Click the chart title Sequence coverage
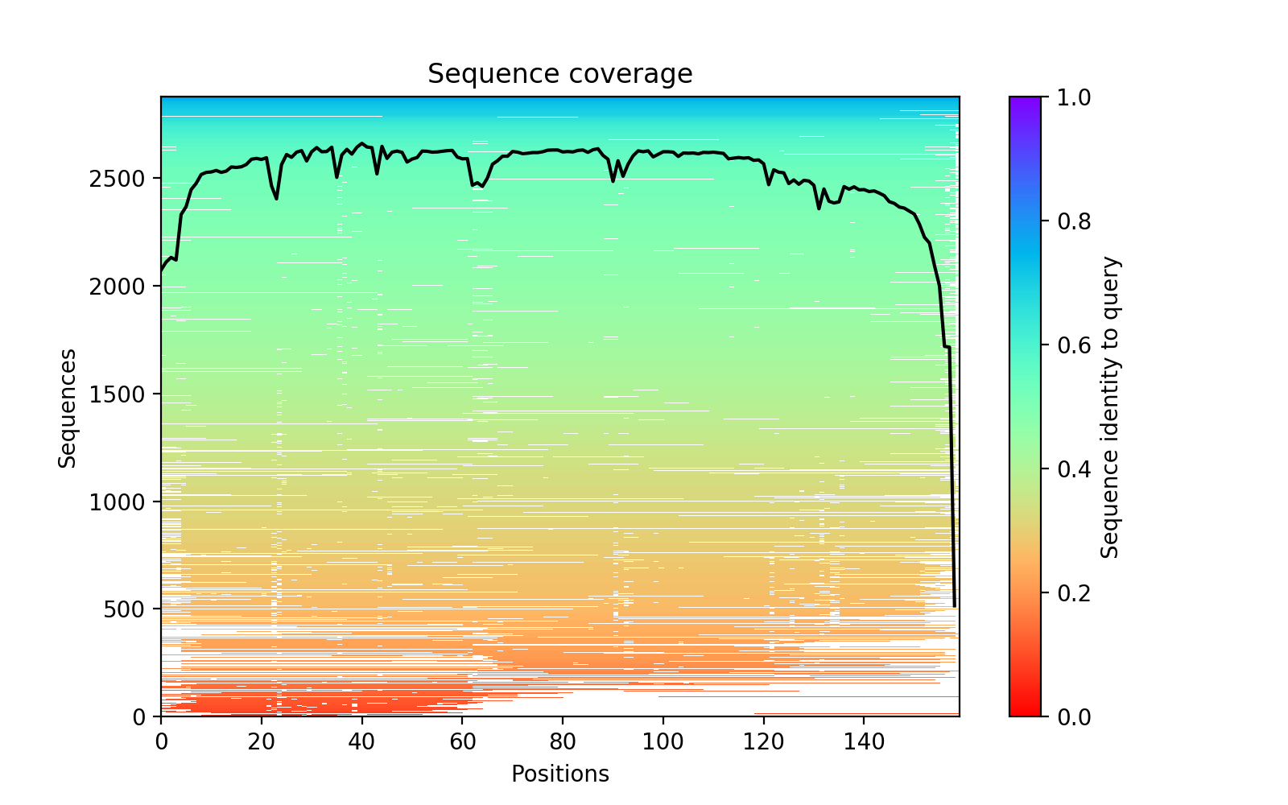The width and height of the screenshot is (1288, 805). (559, 74)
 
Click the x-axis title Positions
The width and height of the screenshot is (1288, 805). (559, 774)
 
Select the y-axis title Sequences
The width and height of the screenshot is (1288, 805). (68, 407)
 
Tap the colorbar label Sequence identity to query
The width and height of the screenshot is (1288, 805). (1110, 407)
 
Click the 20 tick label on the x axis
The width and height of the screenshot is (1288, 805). (262, 738)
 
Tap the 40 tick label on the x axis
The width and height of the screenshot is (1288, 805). (361, 738)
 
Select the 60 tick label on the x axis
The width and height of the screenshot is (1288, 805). (462, 738)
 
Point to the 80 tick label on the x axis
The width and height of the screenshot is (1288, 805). (563, 738)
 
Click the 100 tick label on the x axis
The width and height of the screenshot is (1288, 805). (663, 738)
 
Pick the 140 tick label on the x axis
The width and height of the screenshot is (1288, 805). (864, 738)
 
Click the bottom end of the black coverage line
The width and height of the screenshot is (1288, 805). (955, 605)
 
